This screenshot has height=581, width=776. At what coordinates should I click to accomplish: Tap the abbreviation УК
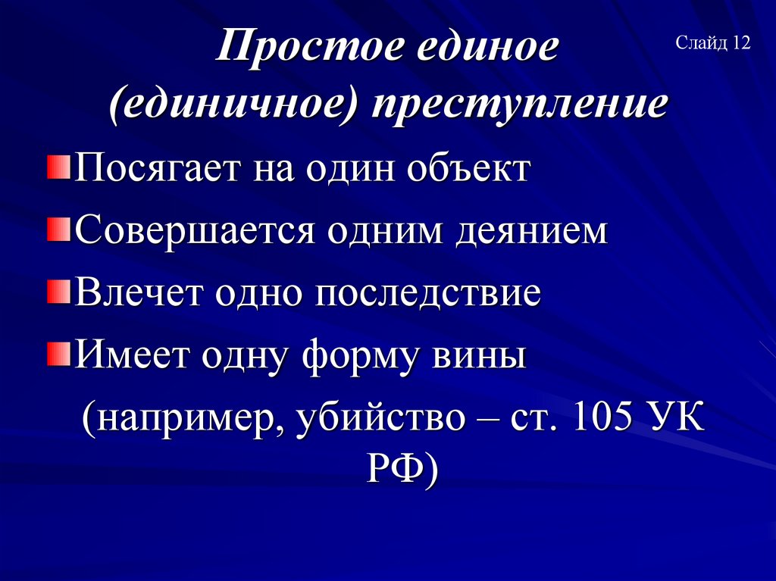tap(677, 417)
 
